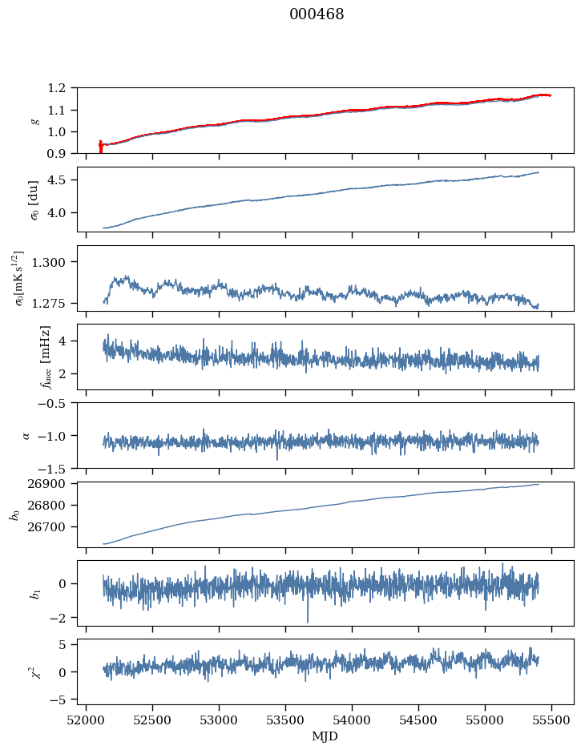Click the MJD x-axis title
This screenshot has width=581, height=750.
tap(325, 736)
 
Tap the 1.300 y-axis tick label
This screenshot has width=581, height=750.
tap(56, 262)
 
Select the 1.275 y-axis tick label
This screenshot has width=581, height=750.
tap(56, 303)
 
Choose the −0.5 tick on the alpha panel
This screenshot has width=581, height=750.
tap(57, 403)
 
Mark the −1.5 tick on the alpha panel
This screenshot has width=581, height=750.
tap(57, 468)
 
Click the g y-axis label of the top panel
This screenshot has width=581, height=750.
tap(34, 120)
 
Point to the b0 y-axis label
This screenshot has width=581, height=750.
tap(14, 514)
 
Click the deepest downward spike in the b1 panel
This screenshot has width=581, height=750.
tap(307, 621)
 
